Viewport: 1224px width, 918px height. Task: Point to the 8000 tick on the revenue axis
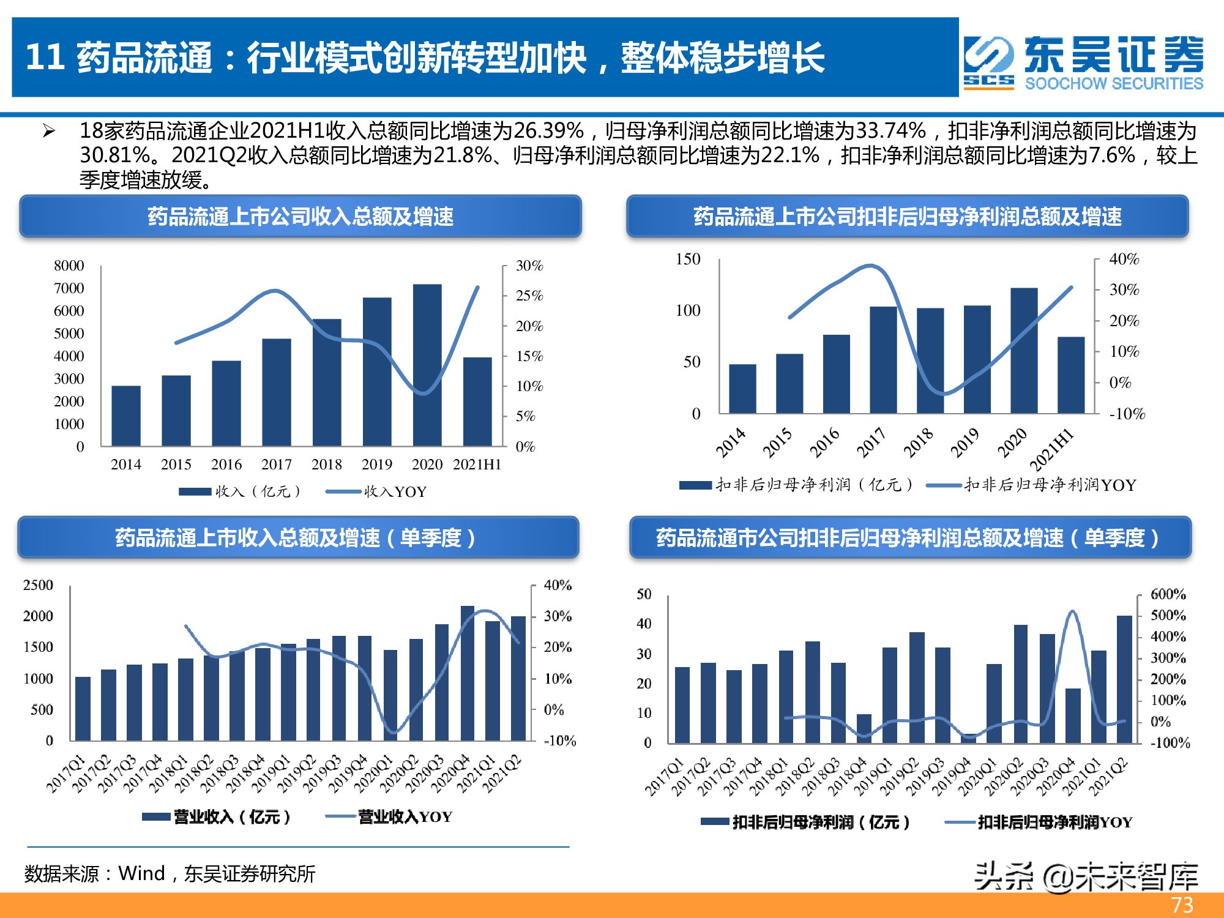[69, 266]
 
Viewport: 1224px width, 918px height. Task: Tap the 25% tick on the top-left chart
[529, 296]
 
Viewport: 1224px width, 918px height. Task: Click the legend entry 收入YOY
[395, 491]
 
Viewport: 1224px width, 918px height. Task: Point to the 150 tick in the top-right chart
[688, 259]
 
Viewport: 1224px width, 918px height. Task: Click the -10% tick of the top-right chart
[1127, 414]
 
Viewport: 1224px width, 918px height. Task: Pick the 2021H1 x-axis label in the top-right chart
[1051, 449]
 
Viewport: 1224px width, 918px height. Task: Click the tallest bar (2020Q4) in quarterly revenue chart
[467, 673]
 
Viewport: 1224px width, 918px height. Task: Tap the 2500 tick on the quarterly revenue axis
[38, 585]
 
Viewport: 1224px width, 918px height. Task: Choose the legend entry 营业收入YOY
[405, 816]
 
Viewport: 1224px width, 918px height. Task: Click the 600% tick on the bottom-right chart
[1168, 594]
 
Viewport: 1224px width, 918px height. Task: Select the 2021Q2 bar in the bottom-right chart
[1124, 679]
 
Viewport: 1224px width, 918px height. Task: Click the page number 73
[1182, 905]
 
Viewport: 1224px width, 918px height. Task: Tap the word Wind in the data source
[141, 873]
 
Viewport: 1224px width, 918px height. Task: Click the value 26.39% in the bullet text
[548, 131]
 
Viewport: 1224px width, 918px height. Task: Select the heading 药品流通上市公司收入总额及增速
[300, 216]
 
